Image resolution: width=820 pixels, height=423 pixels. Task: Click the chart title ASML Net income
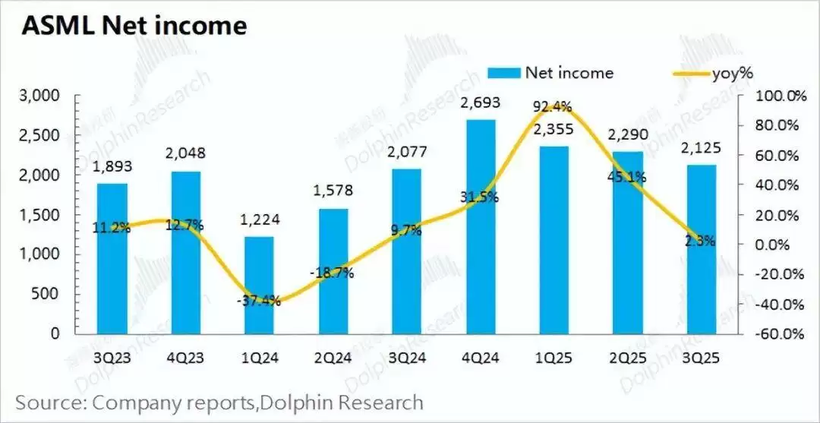coord(134,26)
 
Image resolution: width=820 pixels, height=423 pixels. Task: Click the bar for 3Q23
coord(112,258)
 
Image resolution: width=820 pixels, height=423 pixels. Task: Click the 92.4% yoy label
coord(553,106)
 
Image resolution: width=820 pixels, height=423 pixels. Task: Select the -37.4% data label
coord(259,300)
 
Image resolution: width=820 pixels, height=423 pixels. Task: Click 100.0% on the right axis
coord(780,96)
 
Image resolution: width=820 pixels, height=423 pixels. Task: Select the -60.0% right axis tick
coord(780,334)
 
